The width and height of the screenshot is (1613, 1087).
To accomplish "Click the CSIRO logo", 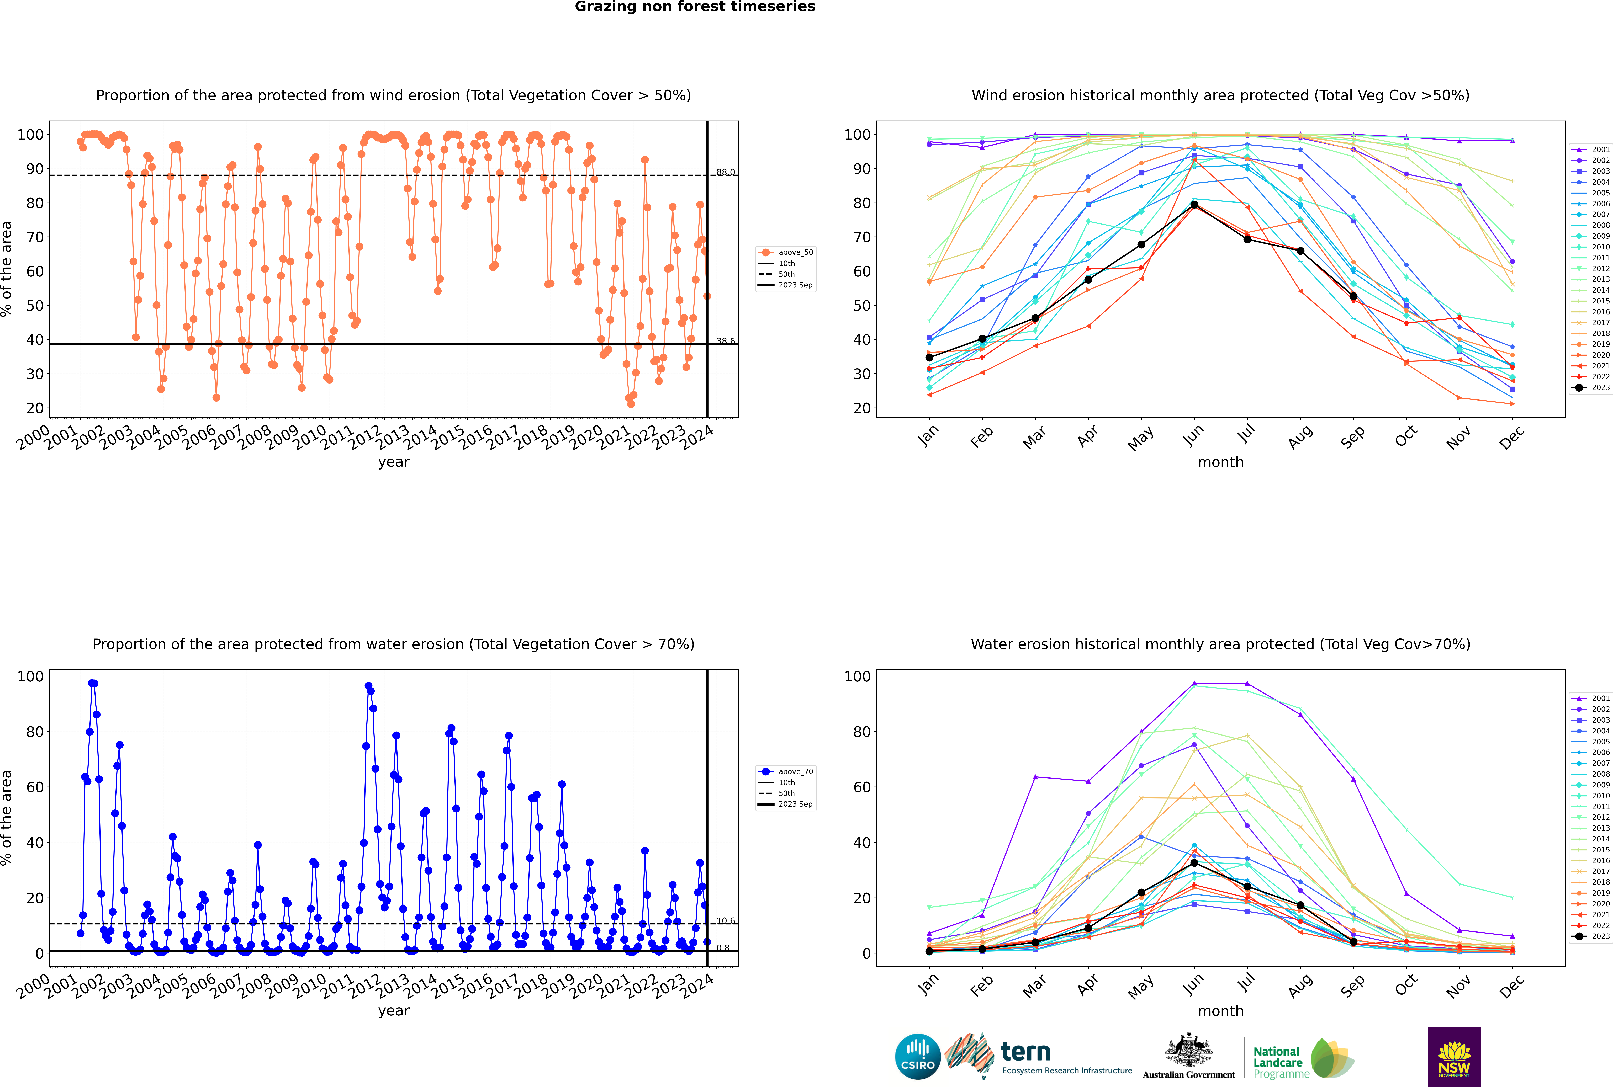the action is [x=917, y=1057].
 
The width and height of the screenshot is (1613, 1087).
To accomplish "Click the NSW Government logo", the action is [x=1454, y=1056].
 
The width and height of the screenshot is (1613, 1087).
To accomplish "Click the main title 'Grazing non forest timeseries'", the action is [x=695, y=7].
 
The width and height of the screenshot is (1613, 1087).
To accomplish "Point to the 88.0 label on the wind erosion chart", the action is [x=725, y=172].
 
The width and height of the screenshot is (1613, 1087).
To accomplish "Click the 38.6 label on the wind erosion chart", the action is [x=725, y=341].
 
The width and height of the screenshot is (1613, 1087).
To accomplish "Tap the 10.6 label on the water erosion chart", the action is [x=725, y=921].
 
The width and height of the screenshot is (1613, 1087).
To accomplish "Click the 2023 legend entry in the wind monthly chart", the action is [x=1591, y=387].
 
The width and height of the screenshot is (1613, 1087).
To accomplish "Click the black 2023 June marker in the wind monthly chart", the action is [x=1194, y=205].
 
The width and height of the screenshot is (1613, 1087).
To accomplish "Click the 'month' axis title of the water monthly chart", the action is [x=1220, y=1011].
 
